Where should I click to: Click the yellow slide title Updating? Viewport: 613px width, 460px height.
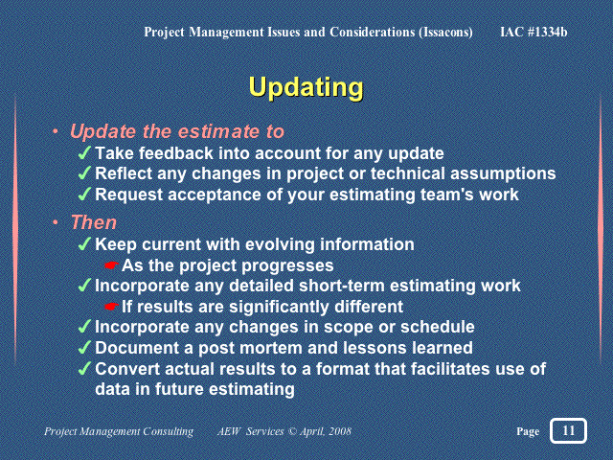click(306, 87)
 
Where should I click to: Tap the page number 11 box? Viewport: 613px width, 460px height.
click(568, 430)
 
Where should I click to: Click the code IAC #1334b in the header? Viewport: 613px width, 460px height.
click(534, 32)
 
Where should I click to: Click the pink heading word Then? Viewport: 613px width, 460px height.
click(94, 222)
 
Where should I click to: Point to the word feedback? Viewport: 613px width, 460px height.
click(176, 153)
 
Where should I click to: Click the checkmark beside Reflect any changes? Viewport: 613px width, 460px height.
click(84, 173)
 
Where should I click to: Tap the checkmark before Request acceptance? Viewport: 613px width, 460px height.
click(84, 194)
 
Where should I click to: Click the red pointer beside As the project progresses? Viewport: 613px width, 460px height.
click(111, 265)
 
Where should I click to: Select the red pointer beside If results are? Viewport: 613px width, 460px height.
click(111, 307)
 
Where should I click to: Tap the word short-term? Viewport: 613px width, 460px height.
click(342, 286)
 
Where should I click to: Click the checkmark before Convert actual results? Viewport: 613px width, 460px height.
click(84, 368)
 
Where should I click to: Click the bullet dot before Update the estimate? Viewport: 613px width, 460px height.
click(56, 131)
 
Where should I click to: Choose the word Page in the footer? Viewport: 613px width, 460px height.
click(528, 431)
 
